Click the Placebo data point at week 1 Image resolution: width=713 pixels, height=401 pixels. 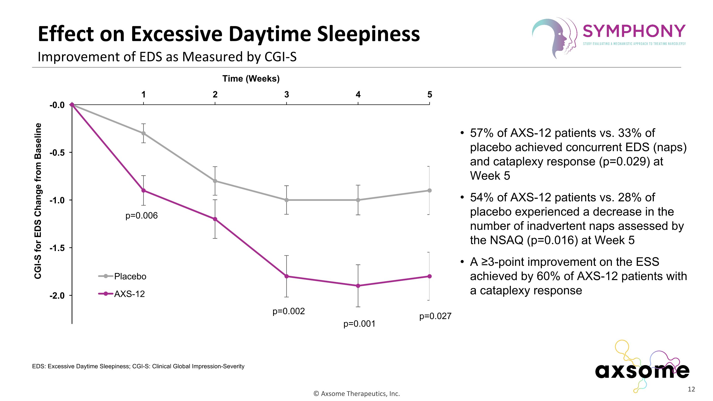tap(143, 133)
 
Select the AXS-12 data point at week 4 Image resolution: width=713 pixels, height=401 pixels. tap(358, 286)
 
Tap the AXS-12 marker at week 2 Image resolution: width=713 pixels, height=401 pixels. tap(215, 219)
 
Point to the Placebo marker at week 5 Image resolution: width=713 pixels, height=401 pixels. tap(429, 190)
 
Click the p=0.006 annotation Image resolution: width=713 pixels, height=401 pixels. tap(141, 216)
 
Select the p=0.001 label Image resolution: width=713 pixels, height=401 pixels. tap(359, 324)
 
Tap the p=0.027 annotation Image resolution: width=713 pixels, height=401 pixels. tap(435, 316)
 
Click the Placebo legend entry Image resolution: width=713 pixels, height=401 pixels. tap(130, 276)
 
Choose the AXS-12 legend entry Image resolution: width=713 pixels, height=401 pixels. tap(129, 294)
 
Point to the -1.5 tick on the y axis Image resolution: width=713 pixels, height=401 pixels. tap(57, 248)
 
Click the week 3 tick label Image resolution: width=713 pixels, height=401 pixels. tap(286, 95)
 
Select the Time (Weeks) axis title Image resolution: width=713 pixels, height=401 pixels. tap(251, 79)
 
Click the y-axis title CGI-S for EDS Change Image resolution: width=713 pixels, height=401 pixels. tap(38, 201)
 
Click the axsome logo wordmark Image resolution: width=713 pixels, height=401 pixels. tap(642, 371)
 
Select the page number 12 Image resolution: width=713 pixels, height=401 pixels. tap(691, 389)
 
